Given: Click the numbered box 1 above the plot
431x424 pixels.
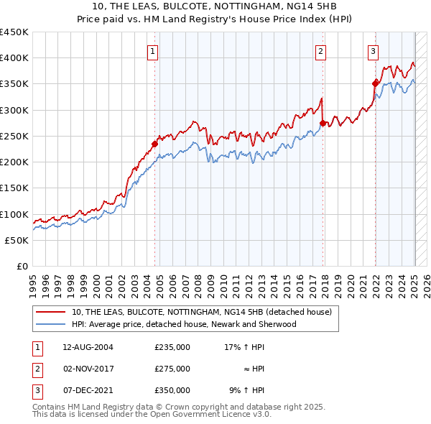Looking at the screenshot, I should coord(154,50).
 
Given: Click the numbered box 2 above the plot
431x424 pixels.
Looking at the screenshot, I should coord(320,50).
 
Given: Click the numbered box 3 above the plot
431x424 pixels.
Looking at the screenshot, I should coord(374,50).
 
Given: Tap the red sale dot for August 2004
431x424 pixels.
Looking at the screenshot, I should coord(154,144).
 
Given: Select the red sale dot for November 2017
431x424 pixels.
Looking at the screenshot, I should coord(323,123).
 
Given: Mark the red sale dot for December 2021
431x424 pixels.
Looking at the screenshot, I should coord(375,83).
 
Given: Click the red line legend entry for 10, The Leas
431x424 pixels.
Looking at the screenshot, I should coord(201,313).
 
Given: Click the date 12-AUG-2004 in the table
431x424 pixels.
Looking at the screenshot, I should coord(88,347).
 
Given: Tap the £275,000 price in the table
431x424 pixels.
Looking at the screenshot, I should coord(172,369).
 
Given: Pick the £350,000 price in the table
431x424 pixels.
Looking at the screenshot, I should coord(172,390).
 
